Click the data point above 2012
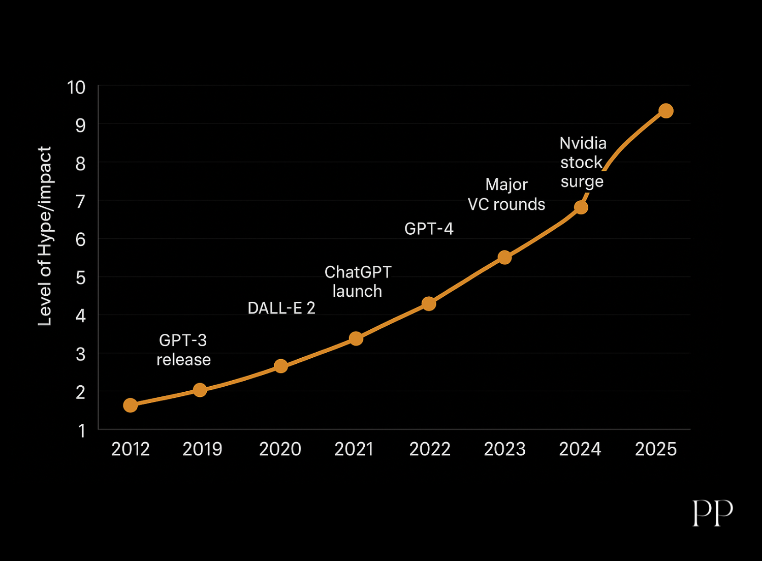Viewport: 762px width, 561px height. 130,405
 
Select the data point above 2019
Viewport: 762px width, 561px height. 200,390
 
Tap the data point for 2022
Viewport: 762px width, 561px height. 429,304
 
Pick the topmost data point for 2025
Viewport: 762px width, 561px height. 666,111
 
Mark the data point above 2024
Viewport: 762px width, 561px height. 581,207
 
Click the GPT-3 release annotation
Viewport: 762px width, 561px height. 183,350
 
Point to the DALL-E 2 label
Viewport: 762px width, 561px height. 281,308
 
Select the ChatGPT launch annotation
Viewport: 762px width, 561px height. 358,282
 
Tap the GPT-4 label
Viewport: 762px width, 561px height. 429,229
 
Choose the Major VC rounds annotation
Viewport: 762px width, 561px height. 506,194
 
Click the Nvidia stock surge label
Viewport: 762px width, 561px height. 583,162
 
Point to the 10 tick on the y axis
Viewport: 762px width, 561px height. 76,87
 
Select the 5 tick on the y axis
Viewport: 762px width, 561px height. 80,278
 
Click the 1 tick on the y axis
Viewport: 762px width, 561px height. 81,431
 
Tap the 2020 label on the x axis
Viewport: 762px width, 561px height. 280,449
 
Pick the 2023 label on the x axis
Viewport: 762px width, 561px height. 504,449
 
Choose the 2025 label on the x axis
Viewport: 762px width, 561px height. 656,449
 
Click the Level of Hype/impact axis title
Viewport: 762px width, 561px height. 45,236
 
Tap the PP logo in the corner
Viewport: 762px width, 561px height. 713,513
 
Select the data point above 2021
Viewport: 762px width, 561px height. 356,338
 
